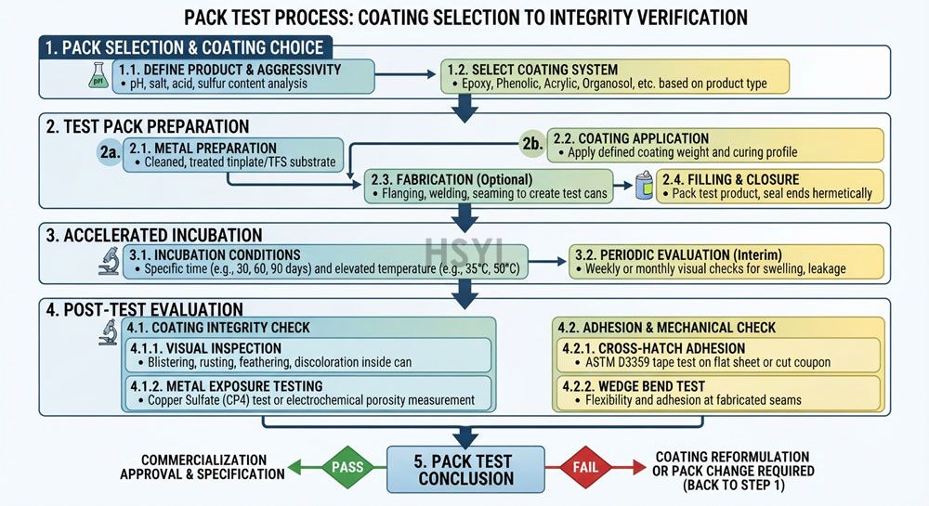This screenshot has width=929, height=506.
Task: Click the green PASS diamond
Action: click(x=347, y=468)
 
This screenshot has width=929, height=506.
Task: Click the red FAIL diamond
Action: click(x=585, y=468)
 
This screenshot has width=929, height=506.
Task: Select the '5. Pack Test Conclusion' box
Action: click(x=465, y=470)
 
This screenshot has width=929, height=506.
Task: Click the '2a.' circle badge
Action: click(x=110, y=152)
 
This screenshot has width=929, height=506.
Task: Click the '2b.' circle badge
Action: click(x=532, y=144)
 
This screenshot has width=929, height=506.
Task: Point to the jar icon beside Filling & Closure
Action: click(x=644, y=186)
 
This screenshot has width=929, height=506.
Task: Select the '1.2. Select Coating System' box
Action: click(x=615, y=76)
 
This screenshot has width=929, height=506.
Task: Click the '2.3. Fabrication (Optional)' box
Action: click(x=489, y=187)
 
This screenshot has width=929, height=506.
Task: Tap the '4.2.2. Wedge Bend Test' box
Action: click(x=719, y=393)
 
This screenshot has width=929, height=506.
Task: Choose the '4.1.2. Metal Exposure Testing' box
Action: click(x=308, y=393)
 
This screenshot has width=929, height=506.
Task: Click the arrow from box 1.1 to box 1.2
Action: click(x=405, y=74)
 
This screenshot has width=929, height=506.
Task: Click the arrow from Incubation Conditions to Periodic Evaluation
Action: click(x=547, y=261)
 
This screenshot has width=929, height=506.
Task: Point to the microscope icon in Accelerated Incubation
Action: click(x=109, y=261)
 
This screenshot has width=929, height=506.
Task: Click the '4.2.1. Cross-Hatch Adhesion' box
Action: click(x=719, y=355)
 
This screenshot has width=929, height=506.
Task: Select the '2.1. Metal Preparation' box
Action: click(x=233, y=155)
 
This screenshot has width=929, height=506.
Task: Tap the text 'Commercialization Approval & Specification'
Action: click(x=203, y=467)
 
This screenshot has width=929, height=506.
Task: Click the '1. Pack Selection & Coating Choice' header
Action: click(x=186, y=47)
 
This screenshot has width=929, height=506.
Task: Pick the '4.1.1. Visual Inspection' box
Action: click(x=308, y=355)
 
